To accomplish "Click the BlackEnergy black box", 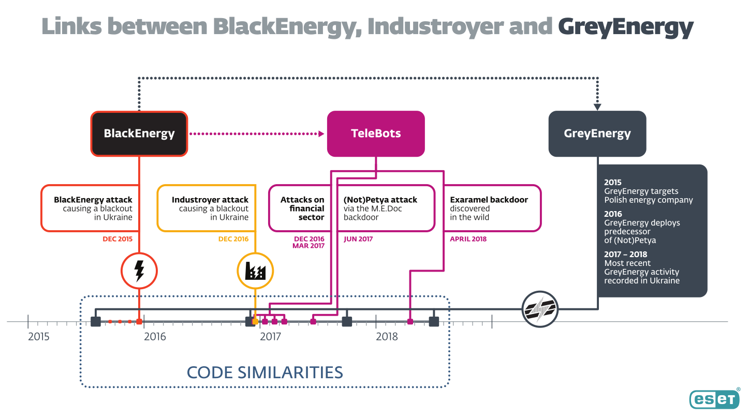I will [x=139, y=133].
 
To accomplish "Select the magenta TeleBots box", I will [x=376, y=133].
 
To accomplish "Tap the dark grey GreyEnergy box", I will [x=597, y=133].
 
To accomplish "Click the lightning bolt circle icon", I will [x=139, y=271].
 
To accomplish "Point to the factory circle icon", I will [x=255, y=271].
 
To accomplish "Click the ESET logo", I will [x=714, y=399].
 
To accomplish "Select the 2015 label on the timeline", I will [x=39, y=337].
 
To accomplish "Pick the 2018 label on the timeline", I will [x=387, y=337].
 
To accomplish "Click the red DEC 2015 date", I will [x=118, y=239].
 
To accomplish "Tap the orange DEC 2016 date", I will [x=233, y=239].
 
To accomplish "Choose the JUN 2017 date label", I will [x=358, y=239].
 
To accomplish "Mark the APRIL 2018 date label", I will [x=468, y=239].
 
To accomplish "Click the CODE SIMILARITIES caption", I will [x=265, y=372].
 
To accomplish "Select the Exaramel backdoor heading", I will [x=489, y=200].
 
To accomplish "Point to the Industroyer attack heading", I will [x=210, y=200].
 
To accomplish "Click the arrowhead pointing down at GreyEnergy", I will [x=597, y=107].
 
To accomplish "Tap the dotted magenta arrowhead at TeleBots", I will [x=321, y=133].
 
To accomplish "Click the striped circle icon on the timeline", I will [x=540, y=309].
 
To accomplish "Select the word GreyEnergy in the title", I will [x=625, y=26].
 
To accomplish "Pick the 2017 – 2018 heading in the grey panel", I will [x=625, y=254].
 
